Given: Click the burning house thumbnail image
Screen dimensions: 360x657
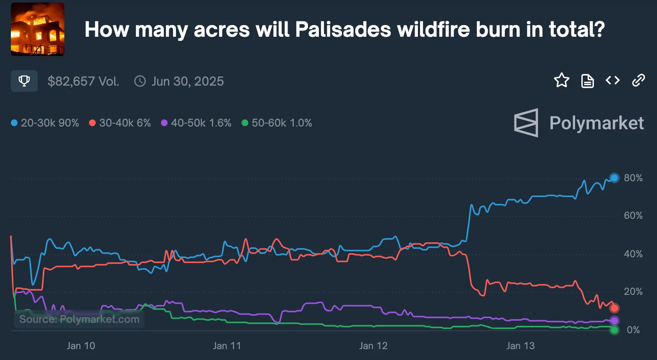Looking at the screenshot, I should (x=38, y=29).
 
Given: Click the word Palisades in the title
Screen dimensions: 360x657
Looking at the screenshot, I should (x=343, y=30).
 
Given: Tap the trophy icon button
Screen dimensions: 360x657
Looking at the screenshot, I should (x=24, y=81).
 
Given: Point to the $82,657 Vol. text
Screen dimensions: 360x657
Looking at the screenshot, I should (x=83, y=81).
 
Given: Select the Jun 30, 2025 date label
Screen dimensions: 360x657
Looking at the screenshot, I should (x=187, y=81).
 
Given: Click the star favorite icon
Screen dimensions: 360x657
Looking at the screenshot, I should (x=561, y=80).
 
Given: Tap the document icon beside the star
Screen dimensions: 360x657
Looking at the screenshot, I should (x=587, y=81).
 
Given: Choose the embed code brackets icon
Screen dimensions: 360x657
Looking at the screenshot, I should (x=613, y=80).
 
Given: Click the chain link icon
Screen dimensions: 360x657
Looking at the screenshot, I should (x=638, y=80).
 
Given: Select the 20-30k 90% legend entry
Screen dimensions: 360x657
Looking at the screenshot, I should (x=45, y=123).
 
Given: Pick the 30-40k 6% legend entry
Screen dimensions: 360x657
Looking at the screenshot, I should (x=120, y=123).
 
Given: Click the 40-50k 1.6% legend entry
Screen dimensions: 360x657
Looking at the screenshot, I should (x=196, y=123).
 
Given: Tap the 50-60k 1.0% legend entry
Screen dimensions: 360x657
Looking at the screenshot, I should (x=277, y=123).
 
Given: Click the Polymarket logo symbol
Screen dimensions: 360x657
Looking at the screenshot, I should (x=526, y=123).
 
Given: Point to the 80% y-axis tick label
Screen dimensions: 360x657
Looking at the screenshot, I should (x=633, y=178).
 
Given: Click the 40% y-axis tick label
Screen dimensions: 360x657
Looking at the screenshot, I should (x=633, y=254).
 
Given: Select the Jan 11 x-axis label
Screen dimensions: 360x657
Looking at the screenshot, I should (x=227, y=346).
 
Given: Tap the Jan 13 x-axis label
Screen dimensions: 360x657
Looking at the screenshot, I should (x=520, y=346).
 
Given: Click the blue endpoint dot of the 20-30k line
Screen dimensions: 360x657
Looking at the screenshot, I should (x=614, y=178).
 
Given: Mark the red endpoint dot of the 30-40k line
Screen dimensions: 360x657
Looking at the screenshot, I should (x=614, y=308).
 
